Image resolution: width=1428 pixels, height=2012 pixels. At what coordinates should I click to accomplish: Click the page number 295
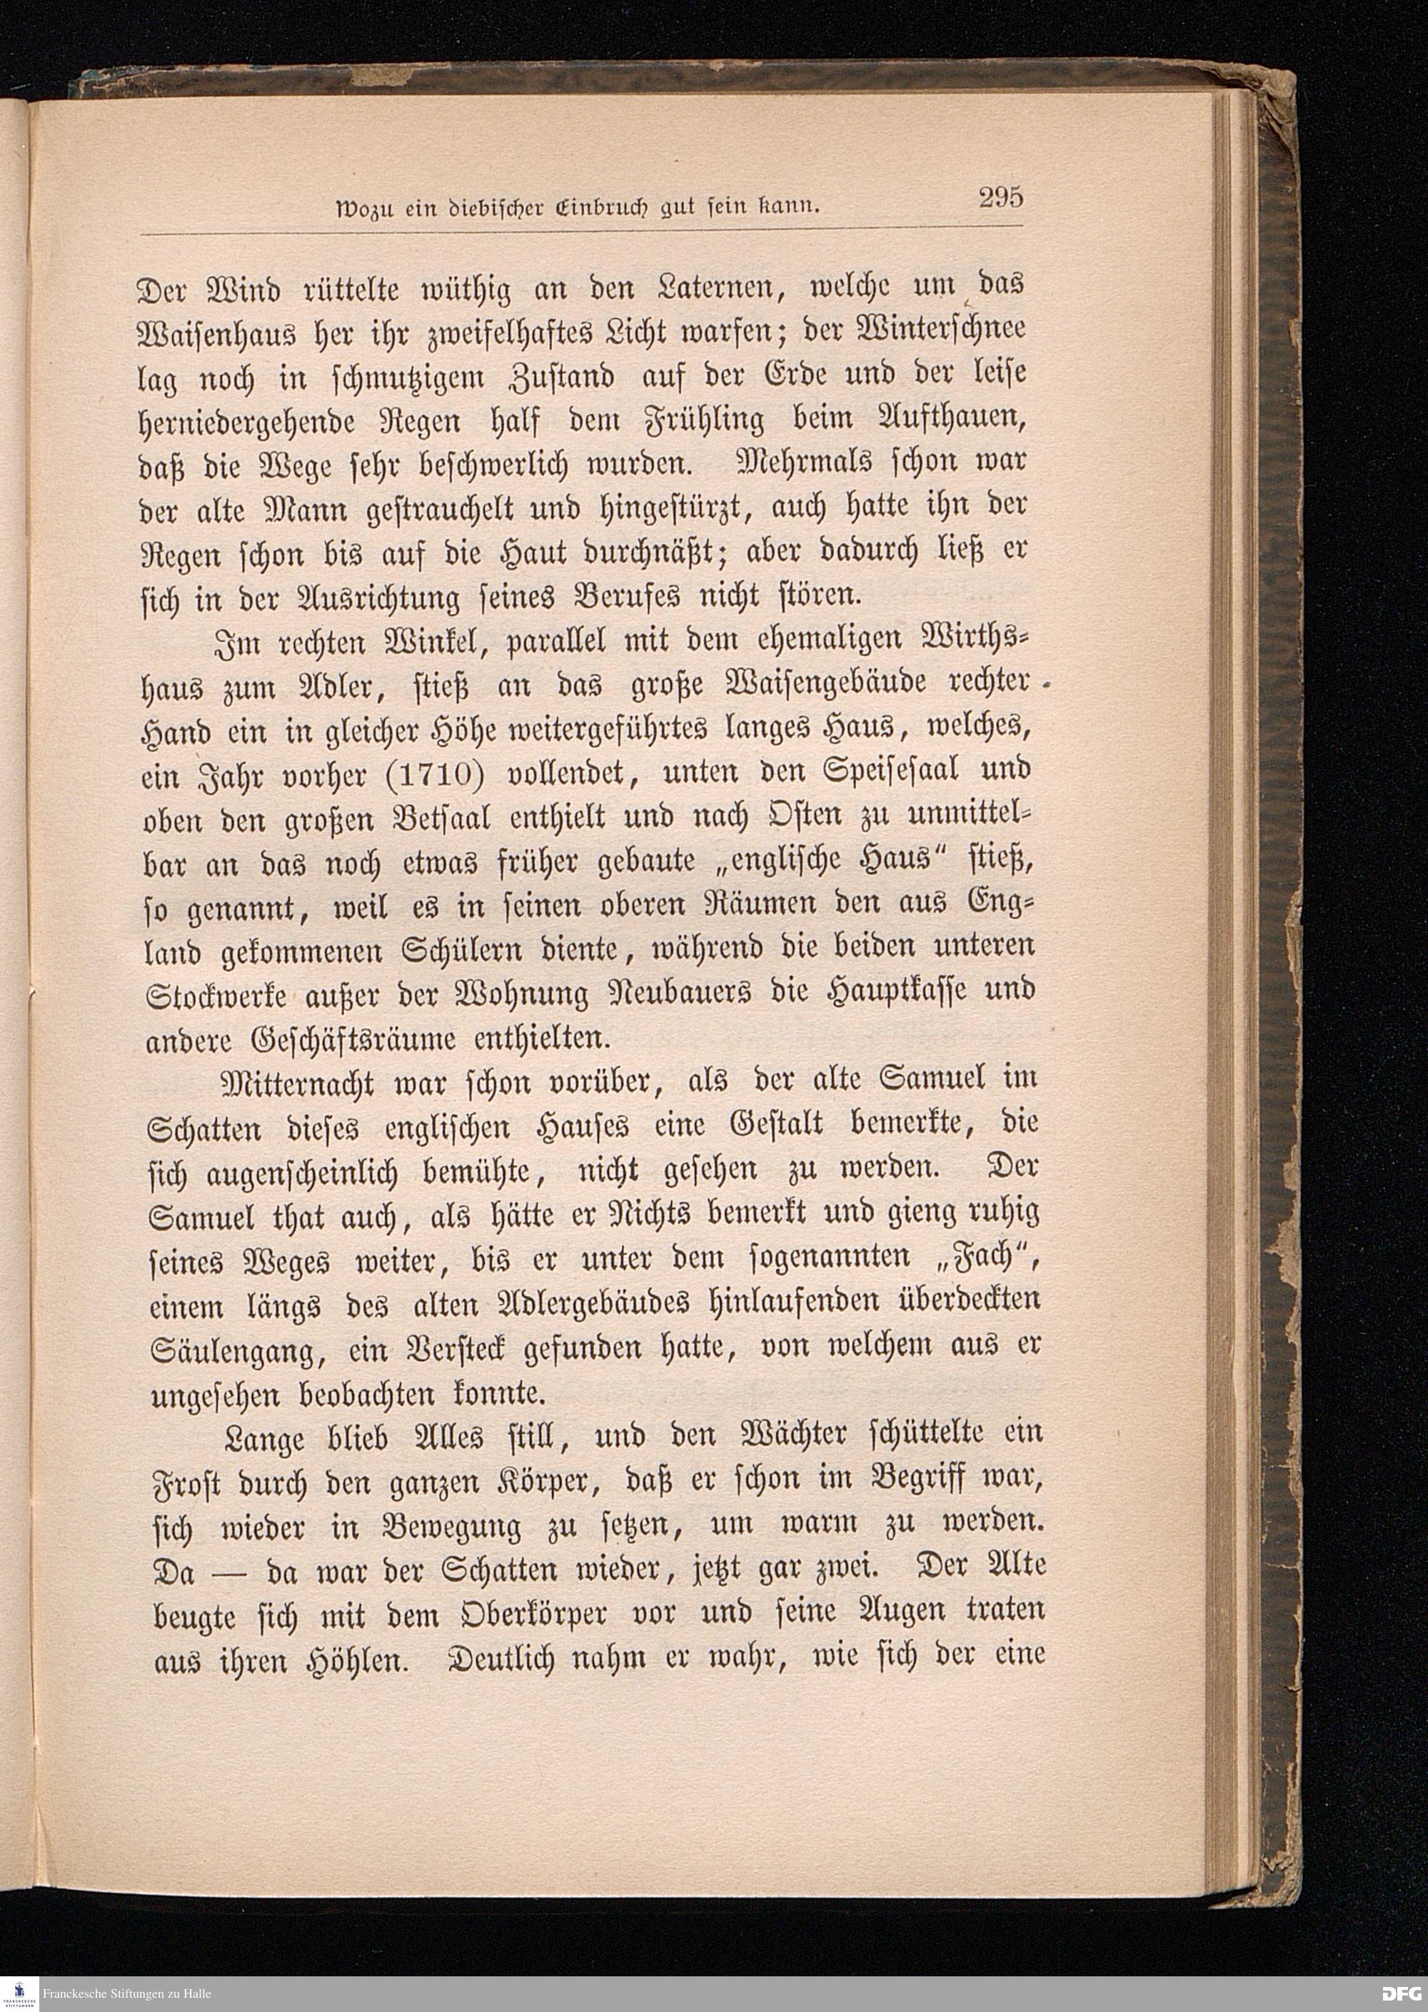[x=1000, y=197]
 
